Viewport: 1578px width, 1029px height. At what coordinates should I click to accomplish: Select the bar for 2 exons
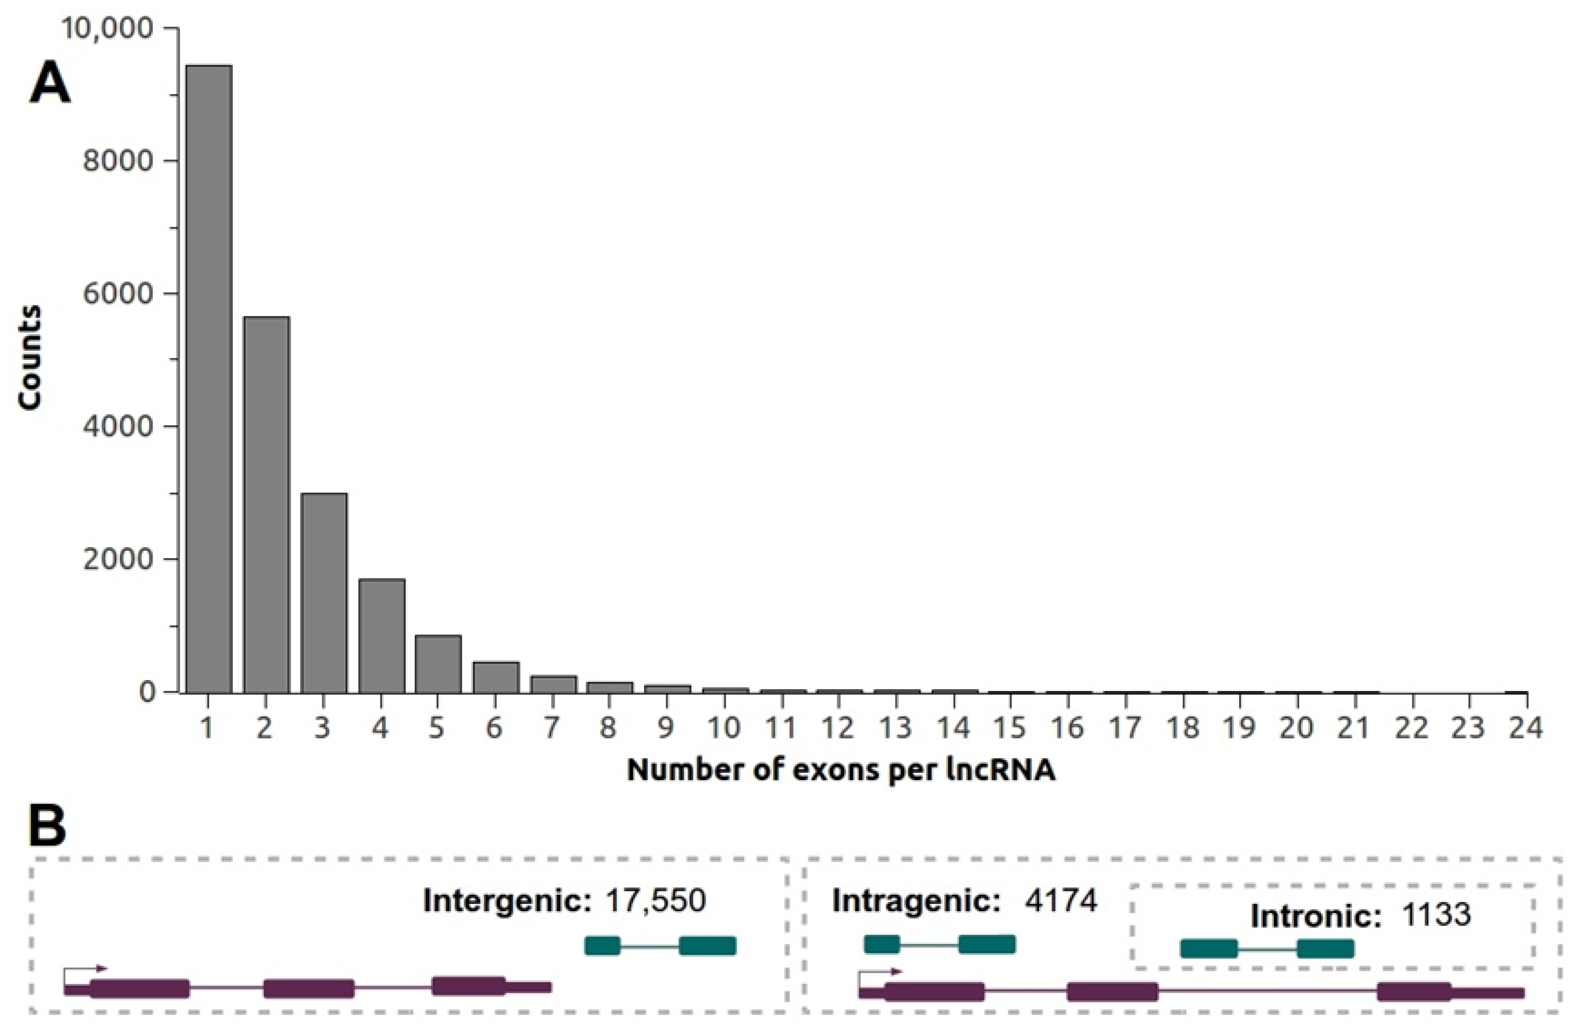pyautogui.click(x=266, y=504)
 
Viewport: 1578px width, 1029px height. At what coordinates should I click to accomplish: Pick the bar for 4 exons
pyautogui.click(x=381, y=636)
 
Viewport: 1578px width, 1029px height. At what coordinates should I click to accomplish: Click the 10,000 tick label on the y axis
pyautogui.click(x=106, y=28)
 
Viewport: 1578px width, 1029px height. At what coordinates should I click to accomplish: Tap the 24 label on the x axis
pyautogui.click(x=1525, y=728)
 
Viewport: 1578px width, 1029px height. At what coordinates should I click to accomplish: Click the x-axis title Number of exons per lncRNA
pyautogui.click(x=841, y=770)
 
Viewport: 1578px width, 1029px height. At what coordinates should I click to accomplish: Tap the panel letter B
pyautogui.click(x=47, y=827)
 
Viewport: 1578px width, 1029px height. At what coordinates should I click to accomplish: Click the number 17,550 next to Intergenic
pyautogui.click(x=655, y=900)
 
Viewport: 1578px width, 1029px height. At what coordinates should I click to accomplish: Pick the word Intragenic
pyautogui.click(x=915, y=900)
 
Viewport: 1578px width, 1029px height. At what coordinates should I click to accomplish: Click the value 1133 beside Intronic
pyautogui.click(x=1436, y=915)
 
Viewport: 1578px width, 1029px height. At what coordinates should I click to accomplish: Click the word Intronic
pyautogui.click(x=1316, y=916)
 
